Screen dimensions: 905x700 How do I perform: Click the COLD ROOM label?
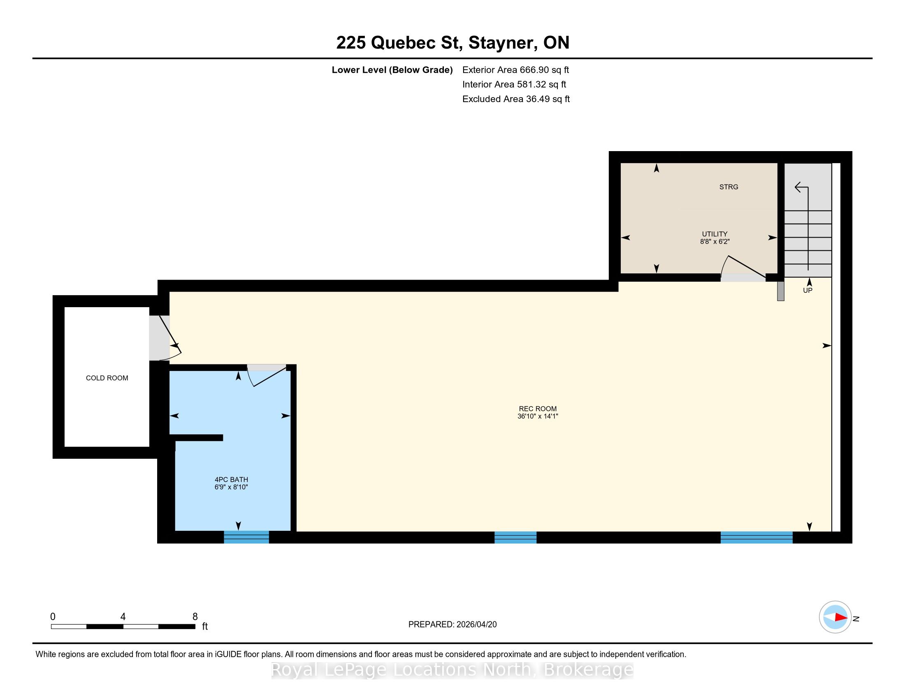(107, 378)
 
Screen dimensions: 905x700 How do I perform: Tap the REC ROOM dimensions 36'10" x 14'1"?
(538, 416)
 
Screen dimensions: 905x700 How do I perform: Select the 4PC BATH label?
(231, 479)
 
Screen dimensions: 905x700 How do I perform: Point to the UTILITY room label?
(715, 234)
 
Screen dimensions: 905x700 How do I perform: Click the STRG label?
(729, 187)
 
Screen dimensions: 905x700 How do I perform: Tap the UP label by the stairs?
(808, 290)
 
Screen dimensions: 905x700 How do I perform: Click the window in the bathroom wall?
(246, 537)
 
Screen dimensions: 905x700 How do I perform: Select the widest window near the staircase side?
(756, 537)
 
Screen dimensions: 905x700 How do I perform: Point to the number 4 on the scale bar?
(123, 617)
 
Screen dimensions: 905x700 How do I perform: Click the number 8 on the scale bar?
(195, 617)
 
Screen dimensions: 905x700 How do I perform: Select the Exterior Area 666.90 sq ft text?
(515, 70)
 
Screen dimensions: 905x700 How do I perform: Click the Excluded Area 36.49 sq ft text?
(516, 99)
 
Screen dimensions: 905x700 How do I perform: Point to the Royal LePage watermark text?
(452, 670)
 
